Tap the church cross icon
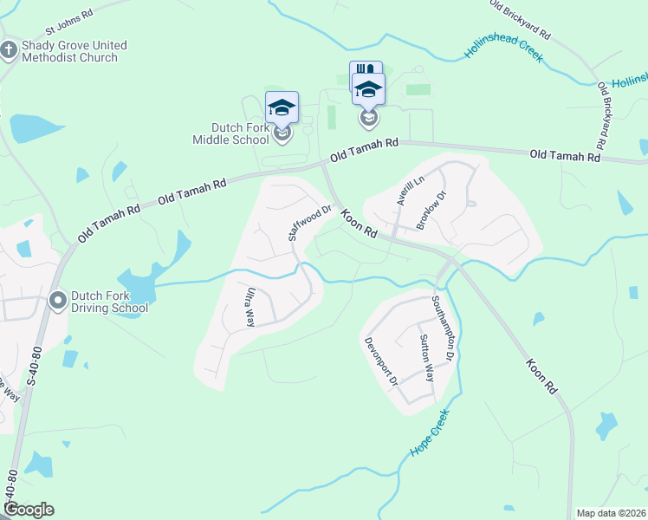coord(9,50)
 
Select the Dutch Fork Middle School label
coord(231,133)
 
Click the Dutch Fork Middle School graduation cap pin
coord(282,108)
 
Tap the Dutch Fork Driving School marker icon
coord(58,301)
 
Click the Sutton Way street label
coord(426,358)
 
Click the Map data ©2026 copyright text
coord(611,513)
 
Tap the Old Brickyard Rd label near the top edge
coord(520,19)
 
